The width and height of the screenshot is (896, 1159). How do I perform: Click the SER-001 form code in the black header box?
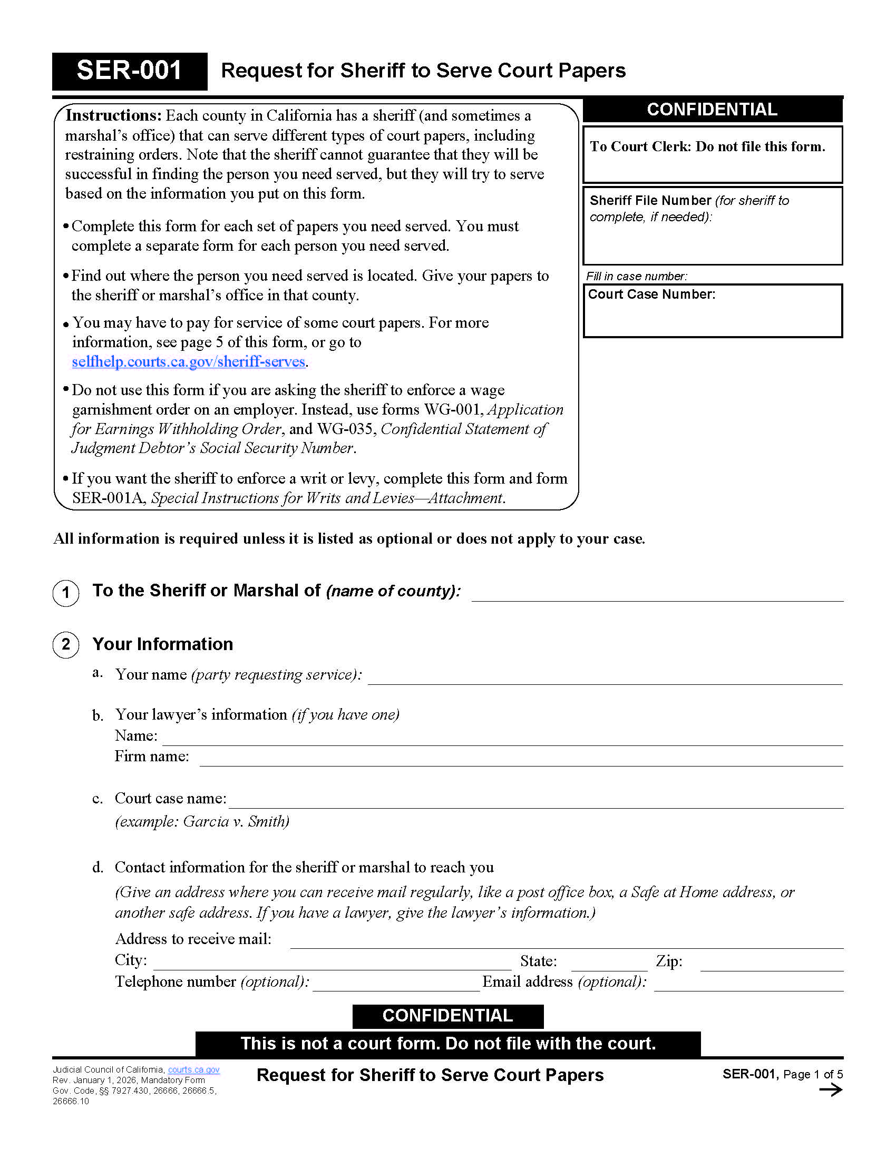(x=129, y=71)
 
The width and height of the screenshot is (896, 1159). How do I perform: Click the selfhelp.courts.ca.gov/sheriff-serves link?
(x=189, y=361)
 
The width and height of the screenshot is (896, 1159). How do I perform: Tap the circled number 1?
(x=66, y=592)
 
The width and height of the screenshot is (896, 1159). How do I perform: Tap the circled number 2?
(x=66, y=645)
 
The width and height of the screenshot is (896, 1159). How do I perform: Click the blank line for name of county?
(x=657, y=593)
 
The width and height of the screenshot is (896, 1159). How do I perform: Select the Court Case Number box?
(x=713, y=311)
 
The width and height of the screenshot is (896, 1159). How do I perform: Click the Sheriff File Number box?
(x=713, y=225)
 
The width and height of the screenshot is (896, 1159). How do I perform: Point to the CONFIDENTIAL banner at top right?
(x=713, y=110)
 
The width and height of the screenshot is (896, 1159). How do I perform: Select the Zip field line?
(x=771, y=963)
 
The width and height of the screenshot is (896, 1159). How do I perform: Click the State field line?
(x=609, y=963)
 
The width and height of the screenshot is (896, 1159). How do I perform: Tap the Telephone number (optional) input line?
(x=396, y=984)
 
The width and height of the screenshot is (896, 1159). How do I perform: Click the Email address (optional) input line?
(x=748, y=984)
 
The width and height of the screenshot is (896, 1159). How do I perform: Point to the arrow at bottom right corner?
(x=831, y=1090)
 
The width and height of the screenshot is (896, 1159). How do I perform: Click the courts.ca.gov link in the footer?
(x=194, y=1069)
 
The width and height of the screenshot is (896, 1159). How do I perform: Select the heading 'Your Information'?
(x=162, y=644)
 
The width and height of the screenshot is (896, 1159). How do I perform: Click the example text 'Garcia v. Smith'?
(x=236, y=821)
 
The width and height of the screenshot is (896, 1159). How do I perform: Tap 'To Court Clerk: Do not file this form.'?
(x=707, y=146)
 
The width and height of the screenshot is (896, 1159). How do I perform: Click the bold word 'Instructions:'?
(x=113, y=115)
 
